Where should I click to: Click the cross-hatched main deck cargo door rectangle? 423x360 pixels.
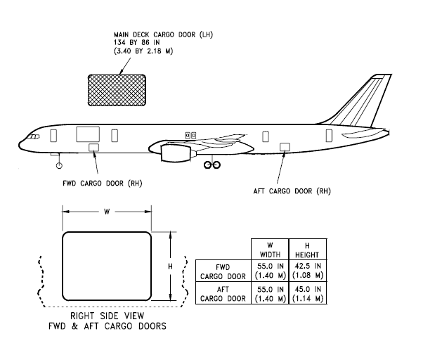[x=116, y=91]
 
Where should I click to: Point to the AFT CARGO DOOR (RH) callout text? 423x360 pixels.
[x=292, y=191]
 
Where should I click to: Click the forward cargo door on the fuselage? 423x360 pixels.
[x=93, y=147]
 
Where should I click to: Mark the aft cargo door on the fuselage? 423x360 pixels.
[x=285, y=146]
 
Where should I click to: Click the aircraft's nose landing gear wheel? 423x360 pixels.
[x=60, y=165]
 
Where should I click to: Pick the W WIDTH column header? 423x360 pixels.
[x=270, y=249]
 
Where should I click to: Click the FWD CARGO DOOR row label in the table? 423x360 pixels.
[x=223, y=271]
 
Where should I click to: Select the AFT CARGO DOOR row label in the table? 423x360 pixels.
[x=223, y=293]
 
